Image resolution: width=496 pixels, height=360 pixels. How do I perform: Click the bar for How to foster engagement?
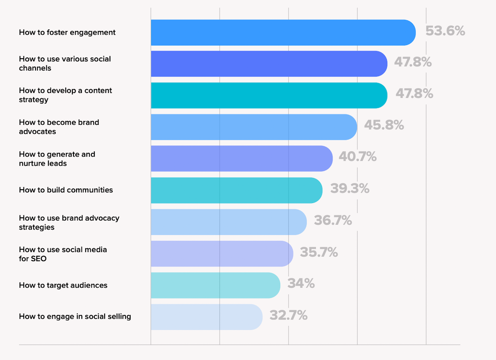point(283,33)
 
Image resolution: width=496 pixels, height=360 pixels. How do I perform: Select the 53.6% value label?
point(445,31)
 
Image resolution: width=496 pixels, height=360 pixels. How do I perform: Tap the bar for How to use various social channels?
point(269,64)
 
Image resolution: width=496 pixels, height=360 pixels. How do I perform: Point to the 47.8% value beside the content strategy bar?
point(414,93)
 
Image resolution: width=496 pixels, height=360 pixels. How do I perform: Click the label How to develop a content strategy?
point(65,95)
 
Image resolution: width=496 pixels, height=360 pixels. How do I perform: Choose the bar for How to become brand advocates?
point(254,127)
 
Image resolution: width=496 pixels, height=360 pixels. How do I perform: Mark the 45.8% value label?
point(384,125)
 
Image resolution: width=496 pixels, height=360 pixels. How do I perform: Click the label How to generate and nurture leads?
point(57,159)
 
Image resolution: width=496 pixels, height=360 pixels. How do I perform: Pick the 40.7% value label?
point(358,157)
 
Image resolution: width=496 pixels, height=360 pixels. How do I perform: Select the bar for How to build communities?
point(236,190)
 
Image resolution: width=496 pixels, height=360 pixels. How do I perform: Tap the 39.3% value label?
point(350,188)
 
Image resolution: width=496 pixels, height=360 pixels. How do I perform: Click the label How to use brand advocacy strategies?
point(69,222)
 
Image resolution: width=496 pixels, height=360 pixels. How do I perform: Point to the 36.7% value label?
point(333,220)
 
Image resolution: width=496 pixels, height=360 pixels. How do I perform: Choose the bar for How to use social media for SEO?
point(222,254)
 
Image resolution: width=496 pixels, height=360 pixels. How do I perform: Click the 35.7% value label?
point(319,252)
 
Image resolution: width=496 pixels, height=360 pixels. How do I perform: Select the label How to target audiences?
point(63,285)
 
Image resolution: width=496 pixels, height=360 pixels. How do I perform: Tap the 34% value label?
point(301,284)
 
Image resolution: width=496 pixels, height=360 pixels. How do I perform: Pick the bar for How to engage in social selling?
point(207,317)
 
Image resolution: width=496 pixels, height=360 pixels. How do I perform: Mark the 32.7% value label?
point(289,315)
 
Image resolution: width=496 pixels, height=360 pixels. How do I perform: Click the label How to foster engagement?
point(67,32)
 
